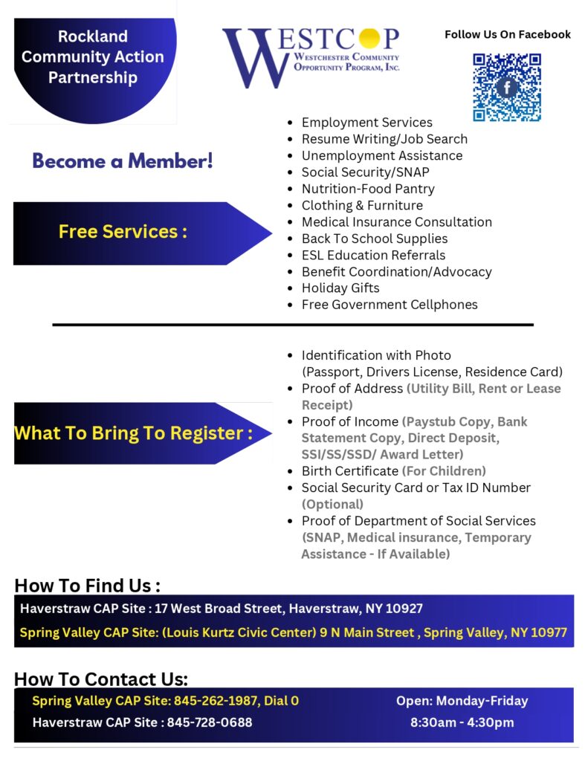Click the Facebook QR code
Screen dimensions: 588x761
click(507, 87)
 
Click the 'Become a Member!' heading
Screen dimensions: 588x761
click(123, 161)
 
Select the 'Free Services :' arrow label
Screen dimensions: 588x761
click(123, 232)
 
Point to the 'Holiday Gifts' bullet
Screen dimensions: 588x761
click(340, 288)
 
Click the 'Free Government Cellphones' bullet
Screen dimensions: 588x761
click(390, 305)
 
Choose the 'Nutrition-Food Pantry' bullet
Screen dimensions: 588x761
click(368, 189)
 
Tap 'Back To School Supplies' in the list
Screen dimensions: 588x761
click(375, 239)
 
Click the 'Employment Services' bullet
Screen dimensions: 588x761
click(366, 123)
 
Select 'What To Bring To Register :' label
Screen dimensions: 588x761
click(133, 433)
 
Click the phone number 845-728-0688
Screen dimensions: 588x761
click(210, 722)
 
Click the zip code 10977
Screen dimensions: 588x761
click(546, 633)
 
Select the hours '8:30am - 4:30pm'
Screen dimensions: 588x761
click(462, 722)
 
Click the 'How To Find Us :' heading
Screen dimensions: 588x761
click(87, 586)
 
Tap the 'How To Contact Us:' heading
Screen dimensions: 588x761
click(101, 679)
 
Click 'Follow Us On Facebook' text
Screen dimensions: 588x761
click(508, 34)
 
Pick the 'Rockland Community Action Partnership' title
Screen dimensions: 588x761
click(93, 56)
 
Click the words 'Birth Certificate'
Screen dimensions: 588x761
click(350, 471)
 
